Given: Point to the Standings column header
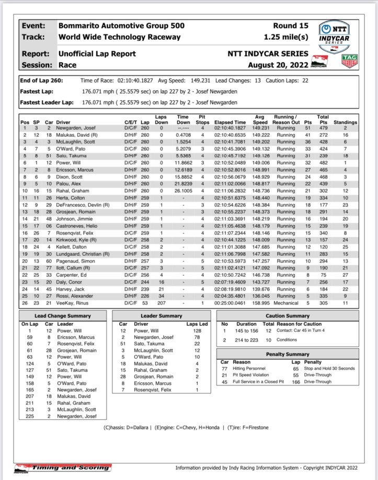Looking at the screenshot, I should coord(346,122).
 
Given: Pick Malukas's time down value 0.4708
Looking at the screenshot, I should coord(182,134).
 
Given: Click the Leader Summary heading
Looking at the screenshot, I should coord(162,316).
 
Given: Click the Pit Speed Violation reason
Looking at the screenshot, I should coord(257,374).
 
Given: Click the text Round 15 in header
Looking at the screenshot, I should coord(291,25).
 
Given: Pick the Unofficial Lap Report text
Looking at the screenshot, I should coord(97,54).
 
